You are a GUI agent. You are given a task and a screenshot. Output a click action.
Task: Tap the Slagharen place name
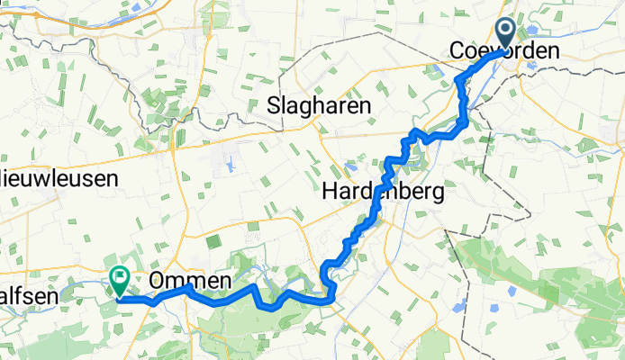(x=320, y=106)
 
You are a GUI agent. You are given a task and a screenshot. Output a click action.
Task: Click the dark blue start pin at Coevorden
(x=504, y=34)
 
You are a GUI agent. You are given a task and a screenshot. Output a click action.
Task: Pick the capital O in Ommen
(x=156, y=280)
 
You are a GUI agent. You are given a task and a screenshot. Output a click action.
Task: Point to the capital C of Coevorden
(x=457, y=52)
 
